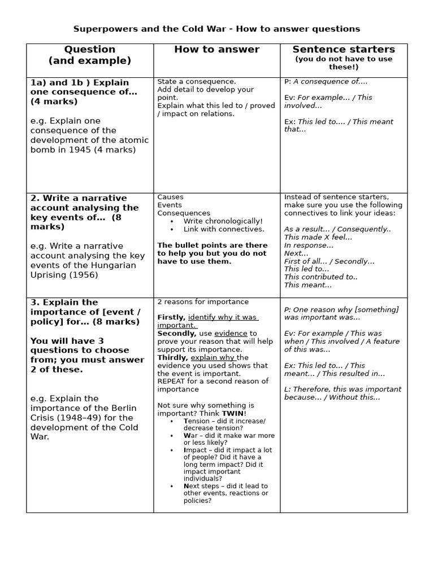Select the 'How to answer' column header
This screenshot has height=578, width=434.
(x=216, y=50)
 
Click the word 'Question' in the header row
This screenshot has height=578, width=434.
(x=89, y=50)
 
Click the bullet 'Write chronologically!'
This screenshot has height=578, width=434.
(x=223, y=221)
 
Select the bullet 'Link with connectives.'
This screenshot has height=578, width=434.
(x=223, y=229)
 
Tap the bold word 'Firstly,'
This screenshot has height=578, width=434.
(x=171, y=317)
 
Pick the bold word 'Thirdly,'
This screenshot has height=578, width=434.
(x=173, y=357)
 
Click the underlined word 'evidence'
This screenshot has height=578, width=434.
(x=231, y=334)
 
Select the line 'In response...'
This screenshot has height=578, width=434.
(x=309, y=245)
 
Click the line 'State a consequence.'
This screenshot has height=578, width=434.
(x=197, y=81)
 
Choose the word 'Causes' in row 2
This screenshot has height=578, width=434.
(x=170, y=197)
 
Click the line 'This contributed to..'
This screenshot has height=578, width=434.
(x=320, y=277)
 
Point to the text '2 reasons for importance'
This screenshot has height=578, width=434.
(x=202, y=302)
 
